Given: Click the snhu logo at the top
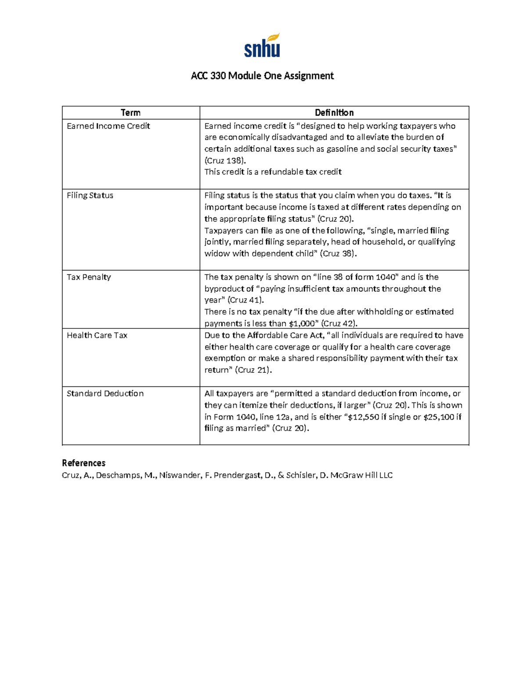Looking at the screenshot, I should tap(262, 46).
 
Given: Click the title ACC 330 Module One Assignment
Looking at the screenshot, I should tap(262, 76).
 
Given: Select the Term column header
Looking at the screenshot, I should tap(130, 113).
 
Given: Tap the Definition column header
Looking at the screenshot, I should tap(334, 113).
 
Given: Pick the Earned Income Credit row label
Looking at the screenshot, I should tap(108, 126).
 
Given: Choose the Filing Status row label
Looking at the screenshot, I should tap(90, 196).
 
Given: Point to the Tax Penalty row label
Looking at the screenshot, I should tap(89, 277).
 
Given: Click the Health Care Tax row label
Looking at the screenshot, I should tap(97, 335).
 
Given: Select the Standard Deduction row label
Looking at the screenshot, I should tap(105, 394).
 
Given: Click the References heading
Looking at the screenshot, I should tap(83, 463).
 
